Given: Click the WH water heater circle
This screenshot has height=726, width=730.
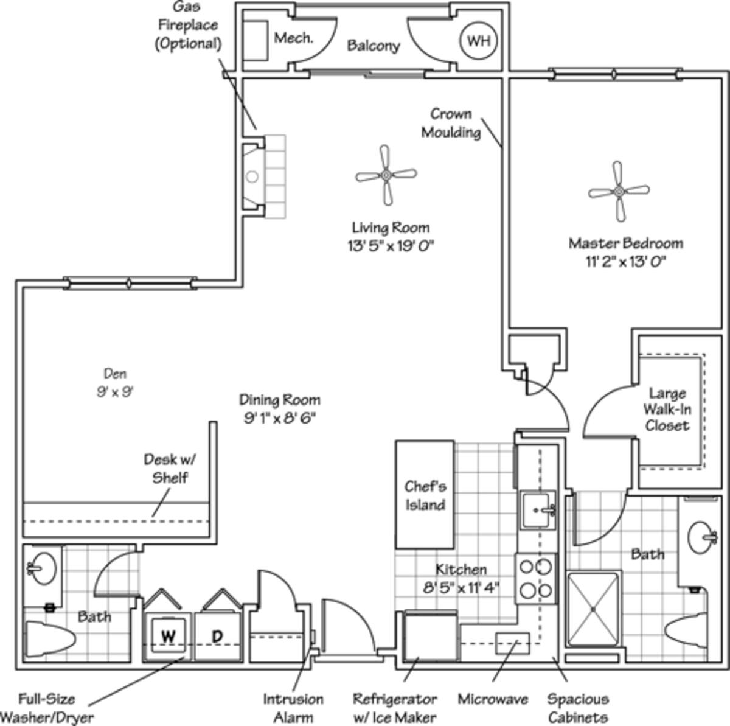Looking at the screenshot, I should point(478,41).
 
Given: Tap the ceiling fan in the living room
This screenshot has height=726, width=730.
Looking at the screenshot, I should point(386,175).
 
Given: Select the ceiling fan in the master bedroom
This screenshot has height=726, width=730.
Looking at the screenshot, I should point(619,191).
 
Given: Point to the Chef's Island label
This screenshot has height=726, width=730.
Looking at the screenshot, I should point(425,495).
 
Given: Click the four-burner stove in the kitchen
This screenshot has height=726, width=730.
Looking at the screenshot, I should point(535,578).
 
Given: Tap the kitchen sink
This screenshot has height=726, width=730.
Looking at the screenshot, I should point(538,510).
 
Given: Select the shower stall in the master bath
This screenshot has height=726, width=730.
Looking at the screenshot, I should point(593,608).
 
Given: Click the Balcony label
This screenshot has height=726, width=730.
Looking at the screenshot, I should point(374,46).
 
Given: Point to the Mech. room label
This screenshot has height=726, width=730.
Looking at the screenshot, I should point(293,38).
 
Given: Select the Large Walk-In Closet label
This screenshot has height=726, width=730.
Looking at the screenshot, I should point(667,409).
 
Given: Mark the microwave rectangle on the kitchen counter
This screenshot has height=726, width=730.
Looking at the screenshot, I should point(512,643).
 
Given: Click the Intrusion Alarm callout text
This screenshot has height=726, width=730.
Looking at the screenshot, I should point(293,708).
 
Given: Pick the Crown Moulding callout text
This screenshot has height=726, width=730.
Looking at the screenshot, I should point(451,123).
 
